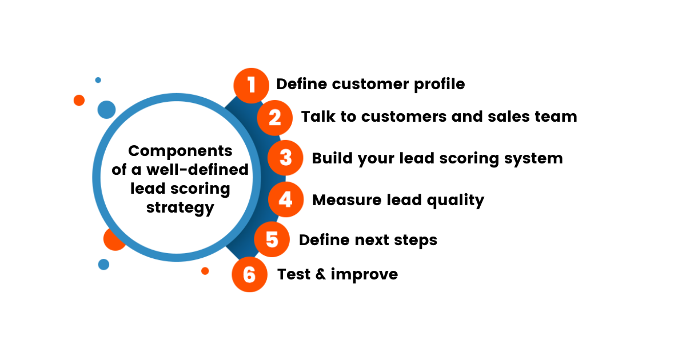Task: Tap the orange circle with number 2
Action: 275,117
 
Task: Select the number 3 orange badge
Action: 285,158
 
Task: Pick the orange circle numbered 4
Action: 285,200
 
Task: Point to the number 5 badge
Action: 272,239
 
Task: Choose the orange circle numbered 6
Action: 249,274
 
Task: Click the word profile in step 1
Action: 440,85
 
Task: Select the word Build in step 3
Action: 332,158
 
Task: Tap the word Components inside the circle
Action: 180,151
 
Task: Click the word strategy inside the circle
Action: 180,207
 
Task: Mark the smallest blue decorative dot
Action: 98,80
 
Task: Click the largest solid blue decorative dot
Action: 106,109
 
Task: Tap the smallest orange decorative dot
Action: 205,271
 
